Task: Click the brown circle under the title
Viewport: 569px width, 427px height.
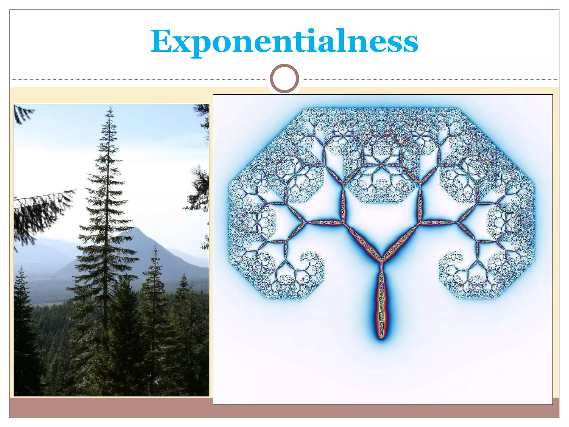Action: click(284, 78)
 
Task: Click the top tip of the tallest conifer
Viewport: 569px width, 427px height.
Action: click(111, 106)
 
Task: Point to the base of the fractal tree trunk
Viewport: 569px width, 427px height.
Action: click(381, 337)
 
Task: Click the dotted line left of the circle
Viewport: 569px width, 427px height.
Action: click(139, 80)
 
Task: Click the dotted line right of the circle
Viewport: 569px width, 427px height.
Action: click(431, 80)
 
